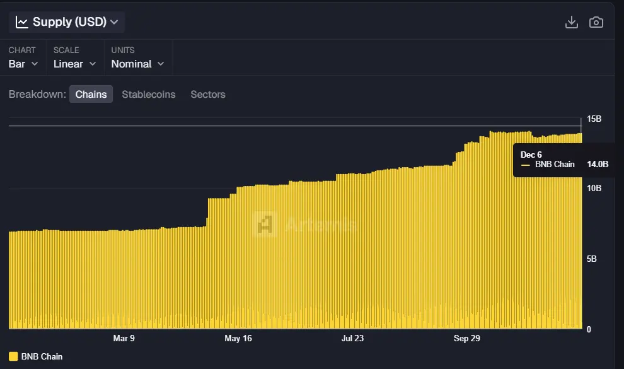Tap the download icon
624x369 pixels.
click(572, 22)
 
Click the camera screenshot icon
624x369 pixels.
click(596, 22)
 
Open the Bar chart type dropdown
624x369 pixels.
click(23, 64)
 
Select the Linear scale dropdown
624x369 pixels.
click(74, 64)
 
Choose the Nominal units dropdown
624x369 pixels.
click(137, 64)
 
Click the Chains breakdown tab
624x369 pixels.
click(91, 95)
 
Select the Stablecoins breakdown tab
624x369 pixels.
click(149, 95)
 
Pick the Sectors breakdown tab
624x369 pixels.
click(208, 95)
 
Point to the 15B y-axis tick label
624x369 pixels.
click(594, 119)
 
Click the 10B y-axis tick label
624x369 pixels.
click(594, 188)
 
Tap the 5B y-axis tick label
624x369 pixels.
click(592, 259)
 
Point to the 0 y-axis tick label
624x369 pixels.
click(589, 329)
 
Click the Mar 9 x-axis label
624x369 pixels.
click(124, 339)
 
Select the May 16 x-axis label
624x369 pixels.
click(238, 339)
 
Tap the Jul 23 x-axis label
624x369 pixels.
click(352, 339)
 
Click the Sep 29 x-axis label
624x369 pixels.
click(466, 339)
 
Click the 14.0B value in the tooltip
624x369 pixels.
click(598, 165)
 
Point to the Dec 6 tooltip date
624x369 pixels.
click(531, 155)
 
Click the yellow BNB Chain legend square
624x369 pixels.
click(13, 356)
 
